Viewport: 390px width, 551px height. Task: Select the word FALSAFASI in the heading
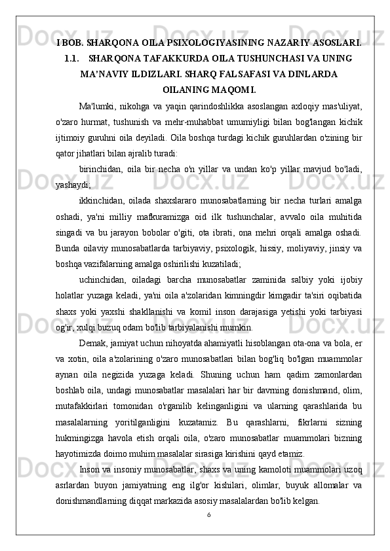(249, 74)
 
